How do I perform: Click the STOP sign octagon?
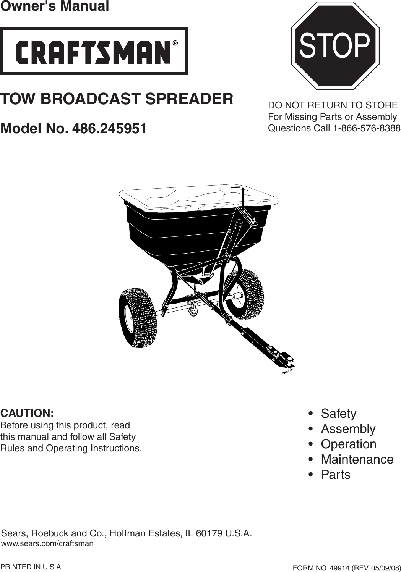pos(335,46)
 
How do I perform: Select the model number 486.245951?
pos(109,128)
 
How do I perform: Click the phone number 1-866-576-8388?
pos(367,128)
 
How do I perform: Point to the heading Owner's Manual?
pos(54,6)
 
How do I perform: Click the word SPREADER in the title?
pos(189,99)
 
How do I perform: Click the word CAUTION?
pos(27,413)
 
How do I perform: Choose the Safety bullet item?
pos(338,414)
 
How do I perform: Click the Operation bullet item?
pos(349,444)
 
